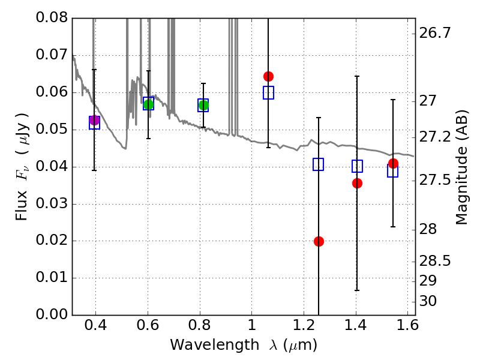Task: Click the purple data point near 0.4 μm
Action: [x=94, y=120]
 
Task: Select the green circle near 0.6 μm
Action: [x=149, y=104]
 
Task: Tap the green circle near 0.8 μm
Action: [x=203, y=106]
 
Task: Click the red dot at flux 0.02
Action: [x=319, y=241]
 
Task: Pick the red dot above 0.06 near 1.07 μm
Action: [x=268, y=76]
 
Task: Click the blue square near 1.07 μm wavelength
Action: [x=268, y=92]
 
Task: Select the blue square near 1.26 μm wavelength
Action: [x=319, y=164]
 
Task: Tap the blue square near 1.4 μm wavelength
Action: [x=358, y=166]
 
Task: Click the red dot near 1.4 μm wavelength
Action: [x=358, y=183]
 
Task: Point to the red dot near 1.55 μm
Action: [x=393, y=163]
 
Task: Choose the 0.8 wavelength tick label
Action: [x=200, y=327]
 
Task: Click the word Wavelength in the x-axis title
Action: [x=205, y=346]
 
